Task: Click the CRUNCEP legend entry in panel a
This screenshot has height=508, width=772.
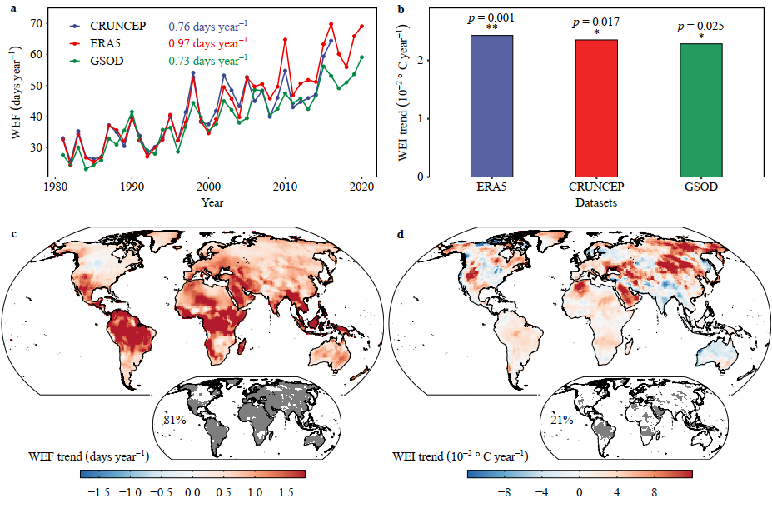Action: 120,27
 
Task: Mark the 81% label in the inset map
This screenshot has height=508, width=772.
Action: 173,420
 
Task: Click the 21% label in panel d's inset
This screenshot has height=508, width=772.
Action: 560,420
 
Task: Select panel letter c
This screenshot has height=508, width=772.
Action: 13,234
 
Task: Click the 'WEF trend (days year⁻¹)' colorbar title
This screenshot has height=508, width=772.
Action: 87,456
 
